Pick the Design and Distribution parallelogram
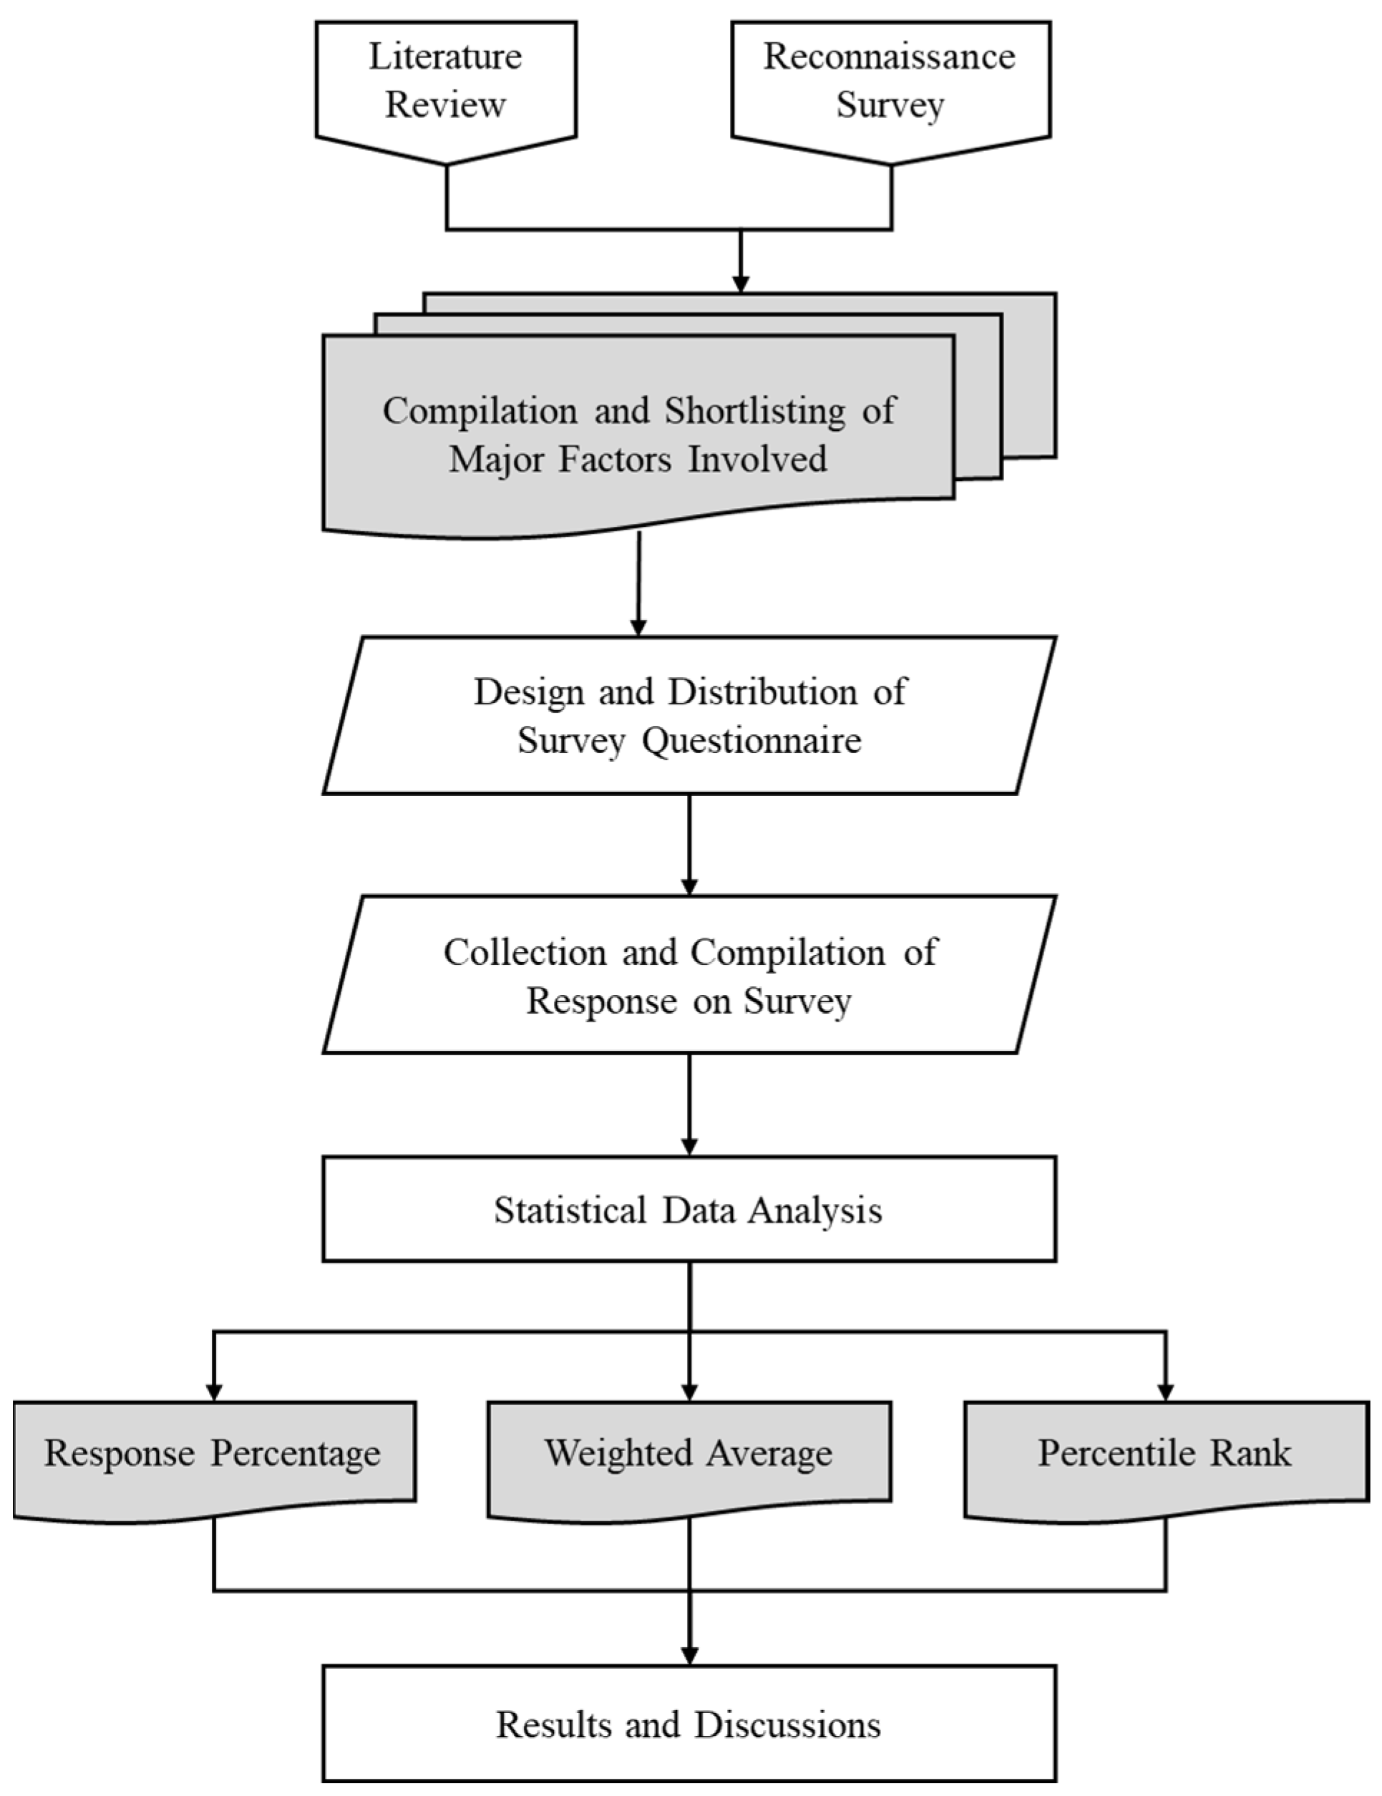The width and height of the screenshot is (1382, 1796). pyautogui.click(x=689, y=714)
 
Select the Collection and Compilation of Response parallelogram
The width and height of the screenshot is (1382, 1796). pyautogui.click(x=689, y=975)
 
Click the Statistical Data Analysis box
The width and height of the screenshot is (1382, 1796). pyautogui.click(x=689, y=1210)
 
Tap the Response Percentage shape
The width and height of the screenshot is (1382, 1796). pyautogui.click(x=213, y=1453)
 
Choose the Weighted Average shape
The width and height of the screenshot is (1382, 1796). pyautogui.click(x=689, y=1453)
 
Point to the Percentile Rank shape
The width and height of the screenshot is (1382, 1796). pyautogui.click(x=1165, y=1453)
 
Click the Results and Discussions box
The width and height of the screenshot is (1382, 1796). pyautogui.click(x=689, y=1724)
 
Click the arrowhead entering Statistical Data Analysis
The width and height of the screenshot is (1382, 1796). pyautogui.click(x=690, y=1145)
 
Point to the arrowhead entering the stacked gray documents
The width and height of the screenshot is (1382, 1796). pyautogui.click(x=741, y=283)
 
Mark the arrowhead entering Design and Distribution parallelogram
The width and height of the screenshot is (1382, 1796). pyautogui.click(x=638, y=626)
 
